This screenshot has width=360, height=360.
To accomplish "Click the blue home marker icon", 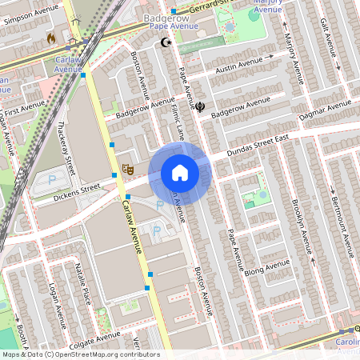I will pos(180,173).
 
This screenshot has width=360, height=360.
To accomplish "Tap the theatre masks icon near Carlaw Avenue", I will pos(126,169).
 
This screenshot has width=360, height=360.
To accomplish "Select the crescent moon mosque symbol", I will pos(166,42).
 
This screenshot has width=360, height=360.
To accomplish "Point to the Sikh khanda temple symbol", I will pos(200,105).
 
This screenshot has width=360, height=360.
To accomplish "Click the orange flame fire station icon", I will pos(52,38).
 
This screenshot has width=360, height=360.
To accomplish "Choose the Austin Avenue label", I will pos(241,64).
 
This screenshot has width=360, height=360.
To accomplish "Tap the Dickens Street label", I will pos(77,190).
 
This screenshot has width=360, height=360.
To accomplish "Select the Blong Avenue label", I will pos(268,270).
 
